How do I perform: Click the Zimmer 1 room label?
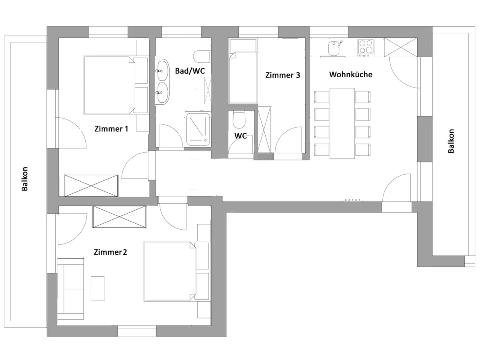click(111, 129)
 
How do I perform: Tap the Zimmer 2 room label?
click(110, 252)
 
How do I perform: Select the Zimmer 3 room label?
click(282, 75)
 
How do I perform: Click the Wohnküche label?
click(350, 74)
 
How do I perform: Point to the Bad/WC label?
click(190, 71)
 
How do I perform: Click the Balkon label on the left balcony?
click(25, 178)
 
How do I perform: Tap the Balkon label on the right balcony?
click(451, 141)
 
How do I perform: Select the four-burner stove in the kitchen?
click(366, 47)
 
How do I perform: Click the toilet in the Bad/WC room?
click(201, 56)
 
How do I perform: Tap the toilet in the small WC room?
click(239, 119)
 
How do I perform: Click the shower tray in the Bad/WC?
click(198, 128)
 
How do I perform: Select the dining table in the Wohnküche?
click(342, 123)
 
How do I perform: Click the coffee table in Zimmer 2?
click(98, 288)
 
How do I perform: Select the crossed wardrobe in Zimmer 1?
click(91, 185)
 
